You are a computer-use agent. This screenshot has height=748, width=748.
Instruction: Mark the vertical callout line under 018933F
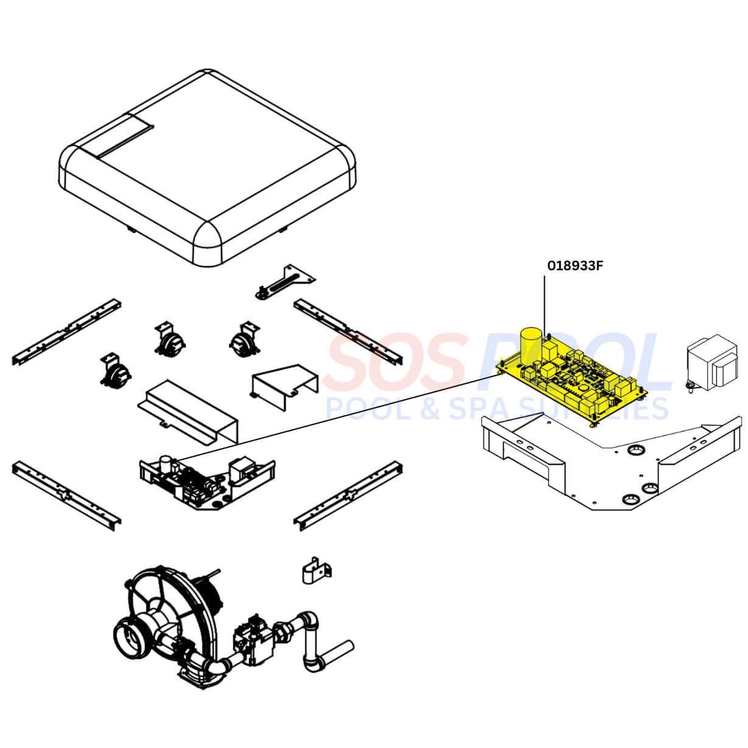click(x=544, y=304)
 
